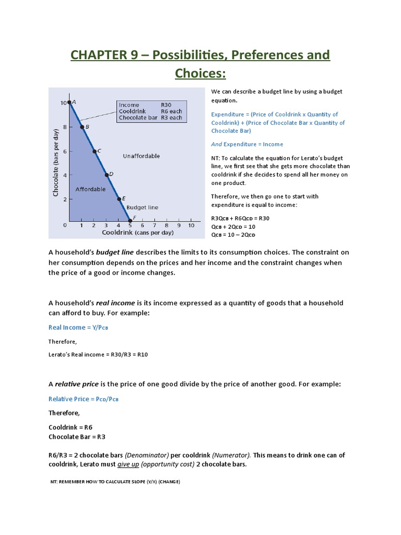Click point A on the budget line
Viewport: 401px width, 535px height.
click(69, 102)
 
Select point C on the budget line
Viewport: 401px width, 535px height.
click(95, 151)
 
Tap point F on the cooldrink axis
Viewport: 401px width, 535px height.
click(131, 220)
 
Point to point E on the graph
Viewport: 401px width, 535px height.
click(119, 199)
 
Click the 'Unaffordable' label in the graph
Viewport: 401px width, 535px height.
click(141, 156)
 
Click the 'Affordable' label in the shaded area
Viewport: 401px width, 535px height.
click(91, 189)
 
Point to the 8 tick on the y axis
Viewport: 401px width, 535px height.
click(64, 127)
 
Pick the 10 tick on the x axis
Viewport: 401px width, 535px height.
click(191, 225)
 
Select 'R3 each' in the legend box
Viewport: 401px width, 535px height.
click(171, 118)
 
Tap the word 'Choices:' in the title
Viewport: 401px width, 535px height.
click(200, 73)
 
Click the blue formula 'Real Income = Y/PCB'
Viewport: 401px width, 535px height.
click(78, 328)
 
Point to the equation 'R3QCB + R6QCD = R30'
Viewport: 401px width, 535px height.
click(240, 218)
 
